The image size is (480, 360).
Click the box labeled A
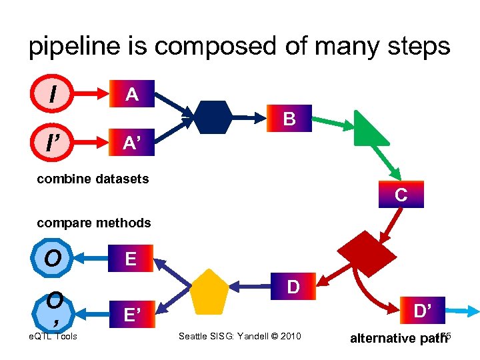(132, 95)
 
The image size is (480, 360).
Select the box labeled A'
(132, 143)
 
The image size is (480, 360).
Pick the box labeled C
(401, 195)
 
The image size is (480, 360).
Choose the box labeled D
(292, 287)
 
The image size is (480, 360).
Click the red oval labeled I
(52, 94)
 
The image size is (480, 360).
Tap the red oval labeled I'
(52, 142)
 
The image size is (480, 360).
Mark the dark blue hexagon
(212, 117)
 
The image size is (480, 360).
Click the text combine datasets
(93, 179)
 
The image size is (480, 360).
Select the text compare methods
(94, 223)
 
